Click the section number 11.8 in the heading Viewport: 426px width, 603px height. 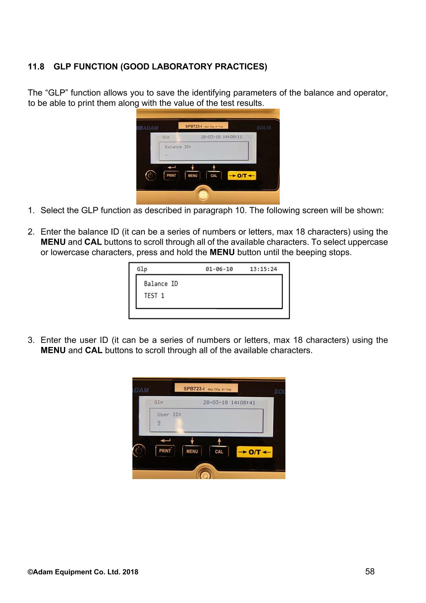click(36, 67)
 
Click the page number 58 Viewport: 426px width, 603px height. click(370, 571)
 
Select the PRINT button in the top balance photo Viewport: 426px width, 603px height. click(171, 175)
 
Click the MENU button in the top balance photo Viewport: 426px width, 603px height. click(192, 175)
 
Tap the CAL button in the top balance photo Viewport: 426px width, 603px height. click(214, 175)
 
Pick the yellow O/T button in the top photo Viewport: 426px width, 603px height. click(241, 175)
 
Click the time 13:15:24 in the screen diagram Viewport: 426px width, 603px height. click(263, 269)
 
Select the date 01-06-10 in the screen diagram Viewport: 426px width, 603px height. click(219, 269)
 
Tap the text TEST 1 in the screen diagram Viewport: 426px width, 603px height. click(154, 296)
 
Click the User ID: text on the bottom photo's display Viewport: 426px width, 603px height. click(169, 414)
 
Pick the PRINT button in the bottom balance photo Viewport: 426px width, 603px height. click(165, 451)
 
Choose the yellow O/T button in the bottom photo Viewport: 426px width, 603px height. click(255, 452)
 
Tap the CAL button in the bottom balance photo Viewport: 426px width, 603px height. click(219, 451)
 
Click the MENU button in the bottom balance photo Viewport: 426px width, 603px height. click(192, 451)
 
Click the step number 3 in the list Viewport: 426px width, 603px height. click(31, 340)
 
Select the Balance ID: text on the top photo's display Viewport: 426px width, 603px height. click(178, 147)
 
